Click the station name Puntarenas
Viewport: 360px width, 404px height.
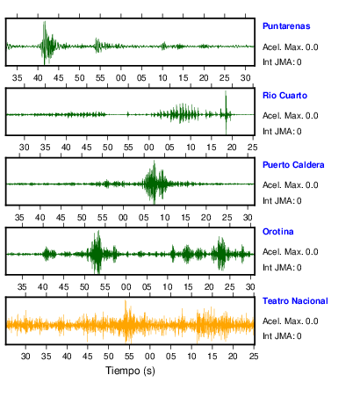286,26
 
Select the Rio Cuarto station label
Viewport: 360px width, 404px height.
284,96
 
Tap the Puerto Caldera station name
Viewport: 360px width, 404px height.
293,165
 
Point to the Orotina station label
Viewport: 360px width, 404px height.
278,232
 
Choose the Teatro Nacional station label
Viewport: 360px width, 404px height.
295,301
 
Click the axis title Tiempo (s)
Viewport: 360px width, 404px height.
130,371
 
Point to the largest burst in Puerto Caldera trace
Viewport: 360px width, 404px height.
154,182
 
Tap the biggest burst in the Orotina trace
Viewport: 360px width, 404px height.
97,252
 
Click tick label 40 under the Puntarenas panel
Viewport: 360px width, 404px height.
38,78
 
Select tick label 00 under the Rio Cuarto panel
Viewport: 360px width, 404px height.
149,148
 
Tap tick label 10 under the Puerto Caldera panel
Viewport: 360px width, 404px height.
164,218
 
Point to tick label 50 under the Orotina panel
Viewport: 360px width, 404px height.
84,287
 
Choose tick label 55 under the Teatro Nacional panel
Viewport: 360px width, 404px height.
129,357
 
